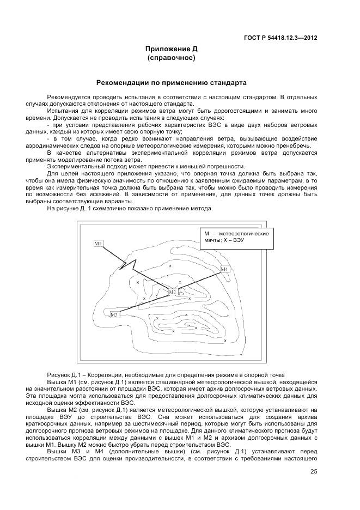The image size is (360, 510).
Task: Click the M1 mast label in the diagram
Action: tap(99, 244)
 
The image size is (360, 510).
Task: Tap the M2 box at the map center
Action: tap(172, 292)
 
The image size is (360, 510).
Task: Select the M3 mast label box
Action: tap(114, 315)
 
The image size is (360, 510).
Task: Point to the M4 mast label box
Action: tap(225, 269)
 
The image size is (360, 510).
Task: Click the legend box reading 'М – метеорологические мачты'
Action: tap(236, 239)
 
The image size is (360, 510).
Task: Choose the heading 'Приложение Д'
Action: tap(172, 49)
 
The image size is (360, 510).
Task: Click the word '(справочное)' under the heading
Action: tap(172, 57)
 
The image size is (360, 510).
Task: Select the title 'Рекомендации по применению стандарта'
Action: tap(172, 83)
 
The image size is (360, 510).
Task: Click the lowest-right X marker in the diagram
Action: tap(225, 341)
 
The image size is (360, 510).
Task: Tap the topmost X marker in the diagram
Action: tap(170, 265)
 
